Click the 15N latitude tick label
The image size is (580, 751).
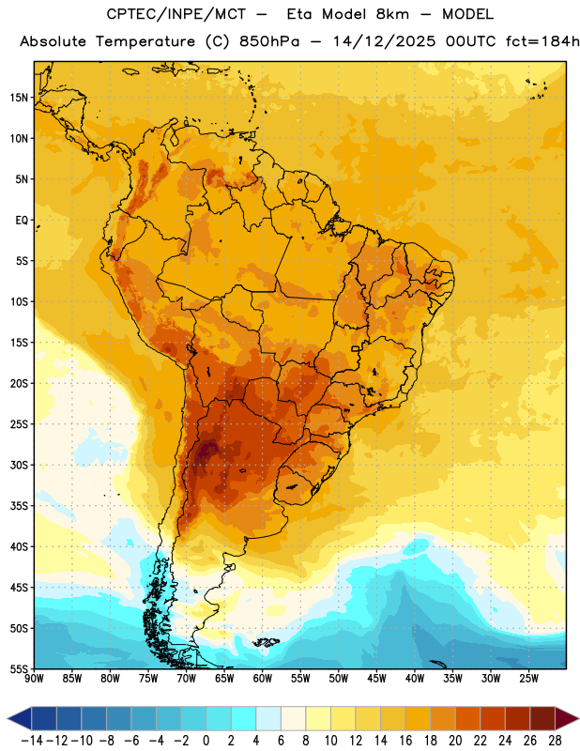click(x=19, y=98)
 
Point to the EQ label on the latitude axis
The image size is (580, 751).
click(x=22, y=221)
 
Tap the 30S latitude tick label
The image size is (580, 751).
click(x=19, y=465)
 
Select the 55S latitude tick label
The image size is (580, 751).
click(x=19, y=668)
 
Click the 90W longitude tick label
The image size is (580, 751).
click(x=34, y=679)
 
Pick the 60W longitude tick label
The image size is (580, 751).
click(x=263, y=679)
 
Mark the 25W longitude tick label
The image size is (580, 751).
click(x=528, y=679)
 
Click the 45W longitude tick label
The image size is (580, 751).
click(x=376, y=679)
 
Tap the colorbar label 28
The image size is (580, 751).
click(x=555, y=741)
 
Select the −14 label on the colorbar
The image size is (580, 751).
click(x=32, y=741)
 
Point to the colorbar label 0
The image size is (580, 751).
click(x=206, y=741)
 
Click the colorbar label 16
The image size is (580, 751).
click(x=405, y=741)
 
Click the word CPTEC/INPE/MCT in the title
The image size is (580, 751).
click(x=176, y=14)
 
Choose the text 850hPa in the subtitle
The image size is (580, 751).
click(x=269, y=41)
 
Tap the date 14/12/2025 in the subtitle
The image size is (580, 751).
click(x=384, y=41)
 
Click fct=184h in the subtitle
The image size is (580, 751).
click(x=542, y=41)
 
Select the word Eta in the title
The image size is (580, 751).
click(x=298, y=14)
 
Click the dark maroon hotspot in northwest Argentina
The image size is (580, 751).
click(x=207, y=451)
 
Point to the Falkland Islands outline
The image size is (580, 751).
click(x=267, y=642)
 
